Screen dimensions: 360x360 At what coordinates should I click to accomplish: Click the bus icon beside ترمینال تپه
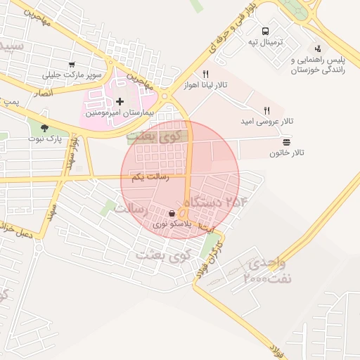pos(265,31)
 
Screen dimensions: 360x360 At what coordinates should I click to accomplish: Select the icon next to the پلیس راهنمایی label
pos(319,49)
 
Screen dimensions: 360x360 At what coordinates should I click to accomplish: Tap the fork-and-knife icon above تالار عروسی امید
pos(266,110)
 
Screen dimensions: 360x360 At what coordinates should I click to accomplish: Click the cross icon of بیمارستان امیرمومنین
pos(120,102)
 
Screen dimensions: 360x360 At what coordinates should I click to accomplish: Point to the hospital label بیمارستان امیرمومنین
pos(115,112)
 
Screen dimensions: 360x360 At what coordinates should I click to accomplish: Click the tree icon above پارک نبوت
pos(46,128)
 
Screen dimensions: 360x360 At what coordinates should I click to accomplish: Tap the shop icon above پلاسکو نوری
pos(173,213)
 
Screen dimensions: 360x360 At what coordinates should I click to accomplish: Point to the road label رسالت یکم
pos(150,178)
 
